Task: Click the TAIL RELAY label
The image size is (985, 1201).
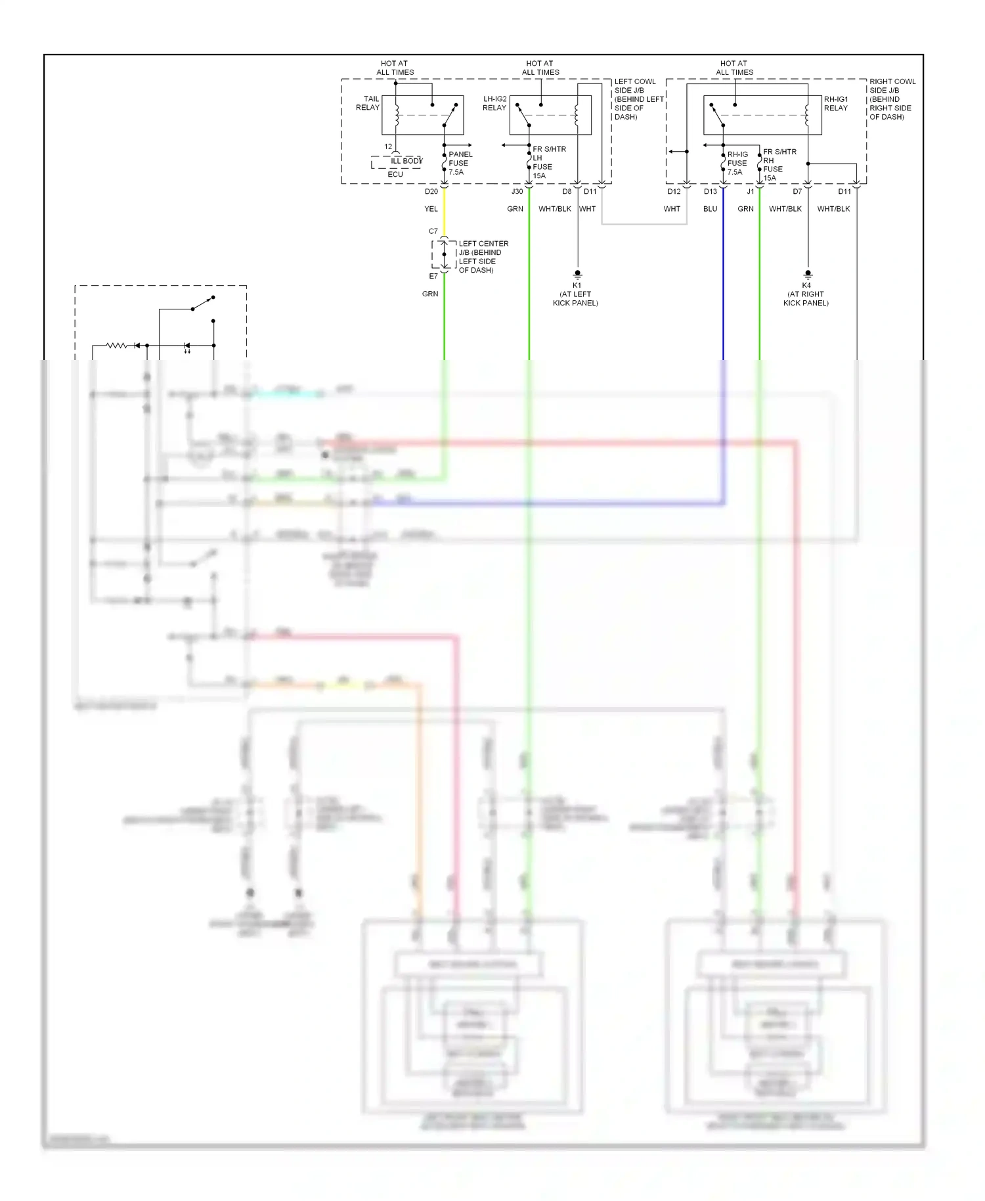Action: click(368, 103)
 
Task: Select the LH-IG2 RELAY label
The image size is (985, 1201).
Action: click(494, 103)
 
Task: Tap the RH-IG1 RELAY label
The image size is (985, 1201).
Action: click(836, 103)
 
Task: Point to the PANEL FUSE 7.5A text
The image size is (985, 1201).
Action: click(460, 163)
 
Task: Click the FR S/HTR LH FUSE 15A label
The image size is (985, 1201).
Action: click(548, 162)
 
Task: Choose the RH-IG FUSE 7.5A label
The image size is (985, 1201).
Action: click(737, 163)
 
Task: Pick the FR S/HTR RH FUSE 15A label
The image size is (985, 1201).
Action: click(779, 164)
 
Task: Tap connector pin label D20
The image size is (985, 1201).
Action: click(431, 192)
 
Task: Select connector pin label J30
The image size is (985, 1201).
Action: click(517, 192)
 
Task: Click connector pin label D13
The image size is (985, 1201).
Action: click(711, 192)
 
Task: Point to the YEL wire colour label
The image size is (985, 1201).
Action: click(431, 209)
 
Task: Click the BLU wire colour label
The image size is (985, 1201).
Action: click(710, 209)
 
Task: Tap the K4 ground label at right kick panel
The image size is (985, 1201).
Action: click(806, 286)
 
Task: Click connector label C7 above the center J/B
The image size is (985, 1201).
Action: click(433, 231)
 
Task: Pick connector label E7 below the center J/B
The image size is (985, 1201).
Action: click(433, 276)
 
